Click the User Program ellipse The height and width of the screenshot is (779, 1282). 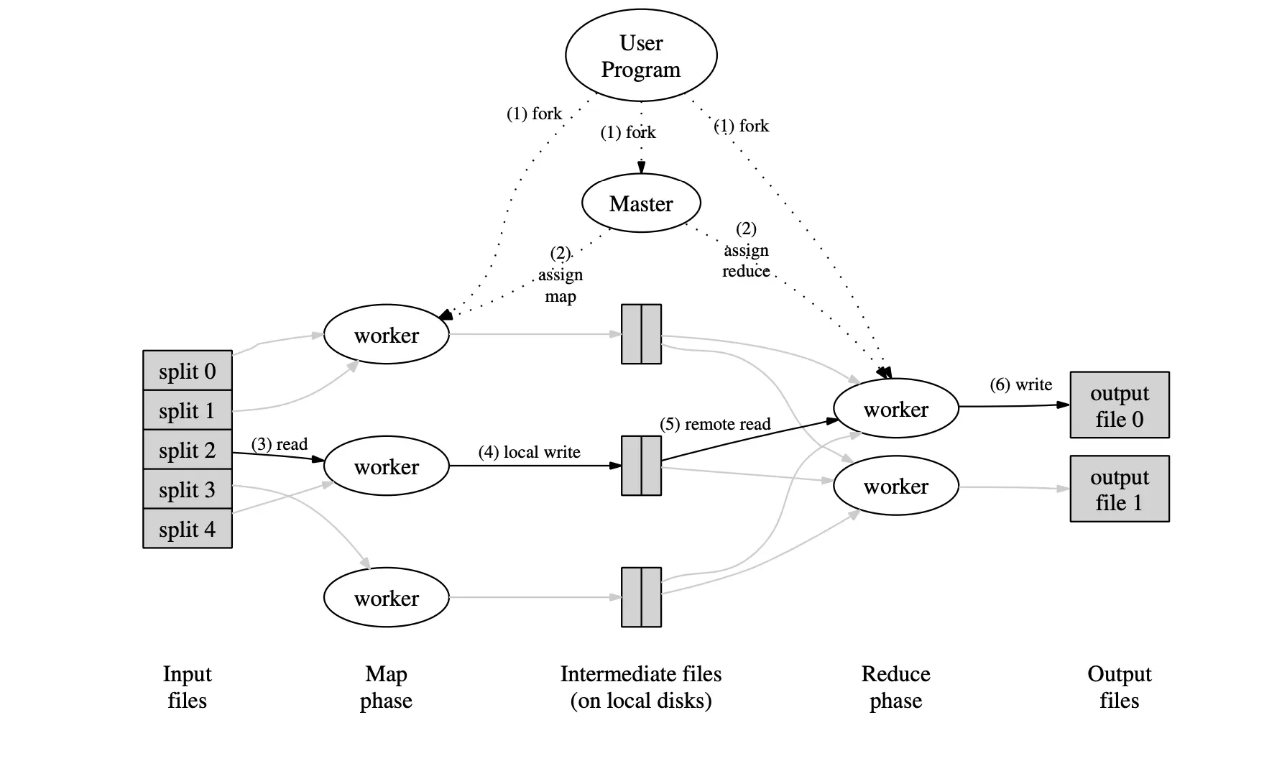tap(641, 56)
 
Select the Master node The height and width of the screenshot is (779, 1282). tap(641, 203)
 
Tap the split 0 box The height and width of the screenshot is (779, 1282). tap(188, 371)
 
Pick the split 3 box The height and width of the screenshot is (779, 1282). tap(188, 489)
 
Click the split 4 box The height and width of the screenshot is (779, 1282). tap(188, 529)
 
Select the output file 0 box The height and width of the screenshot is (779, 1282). tap(1119, 405)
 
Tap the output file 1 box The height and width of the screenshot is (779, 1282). tap(1119, 489)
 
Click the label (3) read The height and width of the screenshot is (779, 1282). tap(280, 444)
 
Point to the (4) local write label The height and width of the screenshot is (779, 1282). tap(529, 452)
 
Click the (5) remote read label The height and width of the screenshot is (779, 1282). tap(715, 424)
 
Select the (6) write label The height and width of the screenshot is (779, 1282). tap(1020, 384)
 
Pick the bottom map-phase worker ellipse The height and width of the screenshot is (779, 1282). tap(387, 598)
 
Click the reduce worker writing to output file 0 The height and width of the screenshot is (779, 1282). tap(895, 409)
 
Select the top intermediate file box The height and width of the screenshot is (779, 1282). tap(641, 334)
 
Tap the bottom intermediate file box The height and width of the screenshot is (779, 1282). tap(641, 597)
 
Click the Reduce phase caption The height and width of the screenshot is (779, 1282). tap(895, 687)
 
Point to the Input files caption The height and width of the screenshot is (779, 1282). tap(187, 687)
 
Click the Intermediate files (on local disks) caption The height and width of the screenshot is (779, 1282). tap(641, 687)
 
